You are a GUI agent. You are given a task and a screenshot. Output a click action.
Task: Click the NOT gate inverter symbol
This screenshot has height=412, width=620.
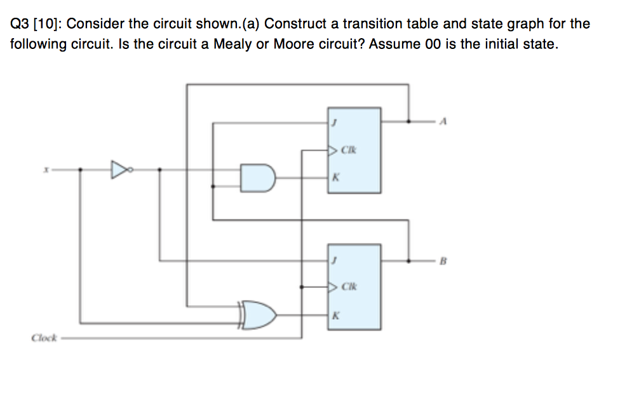[x=119, y=170]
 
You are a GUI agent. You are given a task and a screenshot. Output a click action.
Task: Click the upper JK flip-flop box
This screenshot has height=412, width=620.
[x=354, y=150]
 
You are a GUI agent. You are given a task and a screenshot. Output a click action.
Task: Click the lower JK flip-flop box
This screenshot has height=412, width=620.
[x=354, y=286]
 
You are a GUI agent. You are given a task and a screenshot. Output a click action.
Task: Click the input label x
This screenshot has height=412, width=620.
[x=45, y=170]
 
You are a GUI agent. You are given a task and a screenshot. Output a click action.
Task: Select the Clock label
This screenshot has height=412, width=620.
[x=44, y=338]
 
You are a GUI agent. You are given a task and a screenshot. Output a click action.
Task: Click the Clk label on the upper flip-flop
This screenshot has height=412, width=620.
[x=347, y=151]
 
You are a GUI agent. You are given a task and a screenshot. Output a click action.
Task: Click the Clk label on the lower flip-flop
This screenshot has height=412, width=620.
[x=347, y=287]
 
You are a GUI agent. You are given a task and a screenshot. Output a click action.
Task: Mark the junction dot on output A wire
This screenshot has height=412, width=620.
[x=408, y=120]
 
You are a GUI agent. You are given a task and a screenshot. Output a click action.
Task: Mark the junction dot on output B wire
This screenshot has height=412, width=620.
[x=408, y=261]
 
